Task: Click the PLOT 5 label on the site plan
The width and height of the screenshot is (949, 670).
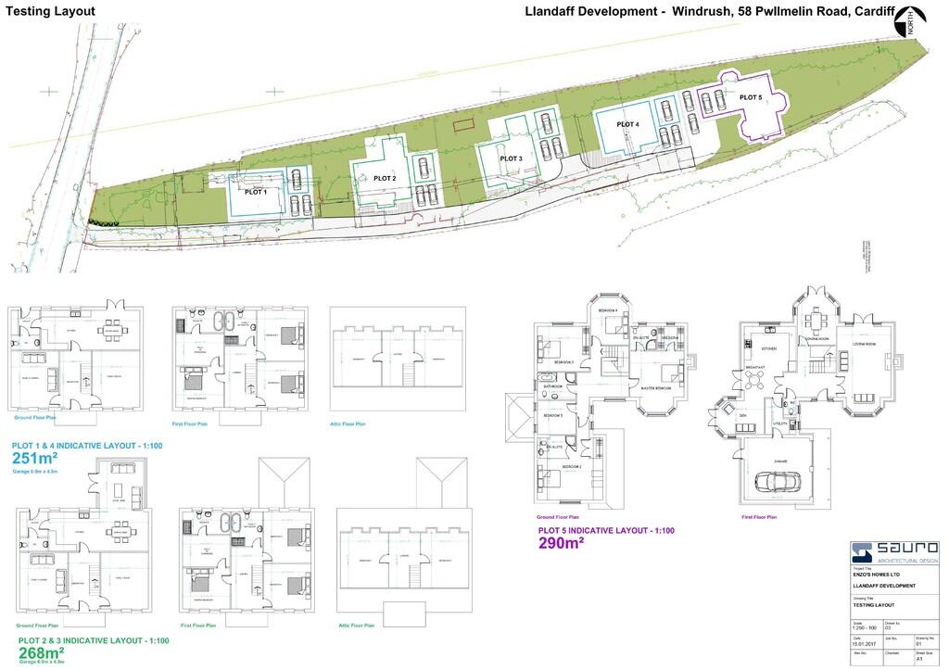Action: tap(751, 95)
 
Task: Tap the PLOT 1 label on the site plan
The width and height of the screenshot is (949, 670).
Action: tap(255, 193)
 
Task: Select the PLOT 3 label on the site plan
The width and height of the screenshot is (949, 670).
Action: tap(512, 158)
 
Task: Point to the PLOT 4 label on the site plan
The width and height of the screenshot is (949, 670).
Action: tap(627, 124)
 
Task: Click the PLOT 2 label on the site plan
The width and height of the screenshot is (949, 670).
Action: tap(385, 178)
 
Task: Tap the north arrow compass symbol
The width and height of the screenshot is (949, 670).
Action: tap(917, 19)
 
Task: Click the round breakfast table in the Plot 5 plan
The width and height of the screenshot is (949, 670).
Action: tap(754, 380)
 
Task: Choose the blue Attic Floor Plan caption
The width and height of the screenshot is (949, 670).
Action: tap(348, 423)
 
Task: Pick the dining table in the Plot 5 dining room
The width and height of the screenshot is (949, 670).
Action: tap(816, 322)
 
